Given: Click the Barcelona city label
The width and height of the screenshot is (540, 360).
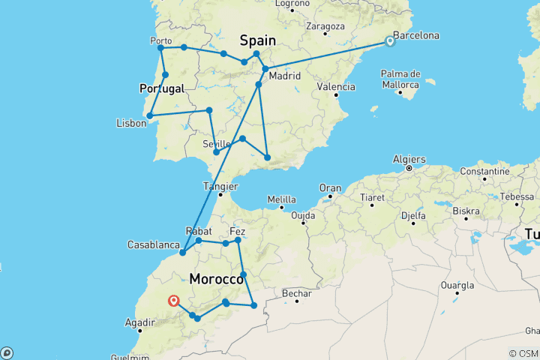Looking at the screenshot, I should coord(415,35).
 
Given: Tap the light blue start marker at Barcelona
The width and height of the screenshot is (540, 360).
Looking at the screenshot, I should coord(390,41).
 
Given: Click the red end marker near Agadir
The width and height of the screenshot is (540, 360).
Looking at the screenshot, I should coord(174,301).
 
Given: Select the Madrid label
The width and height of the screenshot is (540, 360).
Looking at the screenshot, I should coord(285,76).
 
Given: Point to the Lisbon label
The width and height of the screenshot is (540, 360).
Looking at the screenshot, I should coord(131,123).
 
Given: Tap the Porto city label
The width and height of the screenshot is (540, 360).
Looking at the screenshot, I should coord(161,40).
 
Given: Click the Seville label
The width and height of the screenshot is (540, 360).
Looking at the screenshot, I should coord(216,143).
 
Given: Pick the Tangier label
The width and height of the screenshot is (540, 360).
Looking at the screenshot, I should coord(220,186).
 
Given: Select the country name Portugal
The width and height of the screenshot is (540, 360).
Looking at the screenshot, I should coord(161,88).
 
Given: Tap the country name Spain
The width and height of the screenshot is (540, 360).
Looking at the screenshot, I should coord(257,40).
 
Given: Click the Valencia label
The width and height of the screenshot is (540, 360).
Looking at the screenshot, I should coord(336,86).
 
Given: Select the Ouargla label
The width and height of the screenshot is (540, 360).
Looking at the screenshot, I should coord(457,285).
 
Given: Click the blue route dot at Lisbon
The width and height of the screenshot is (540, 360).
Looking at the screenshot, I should coord(150,115).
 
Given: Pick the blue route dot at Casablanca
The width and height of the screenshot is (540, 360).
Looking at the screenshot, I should coord(182,253).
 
